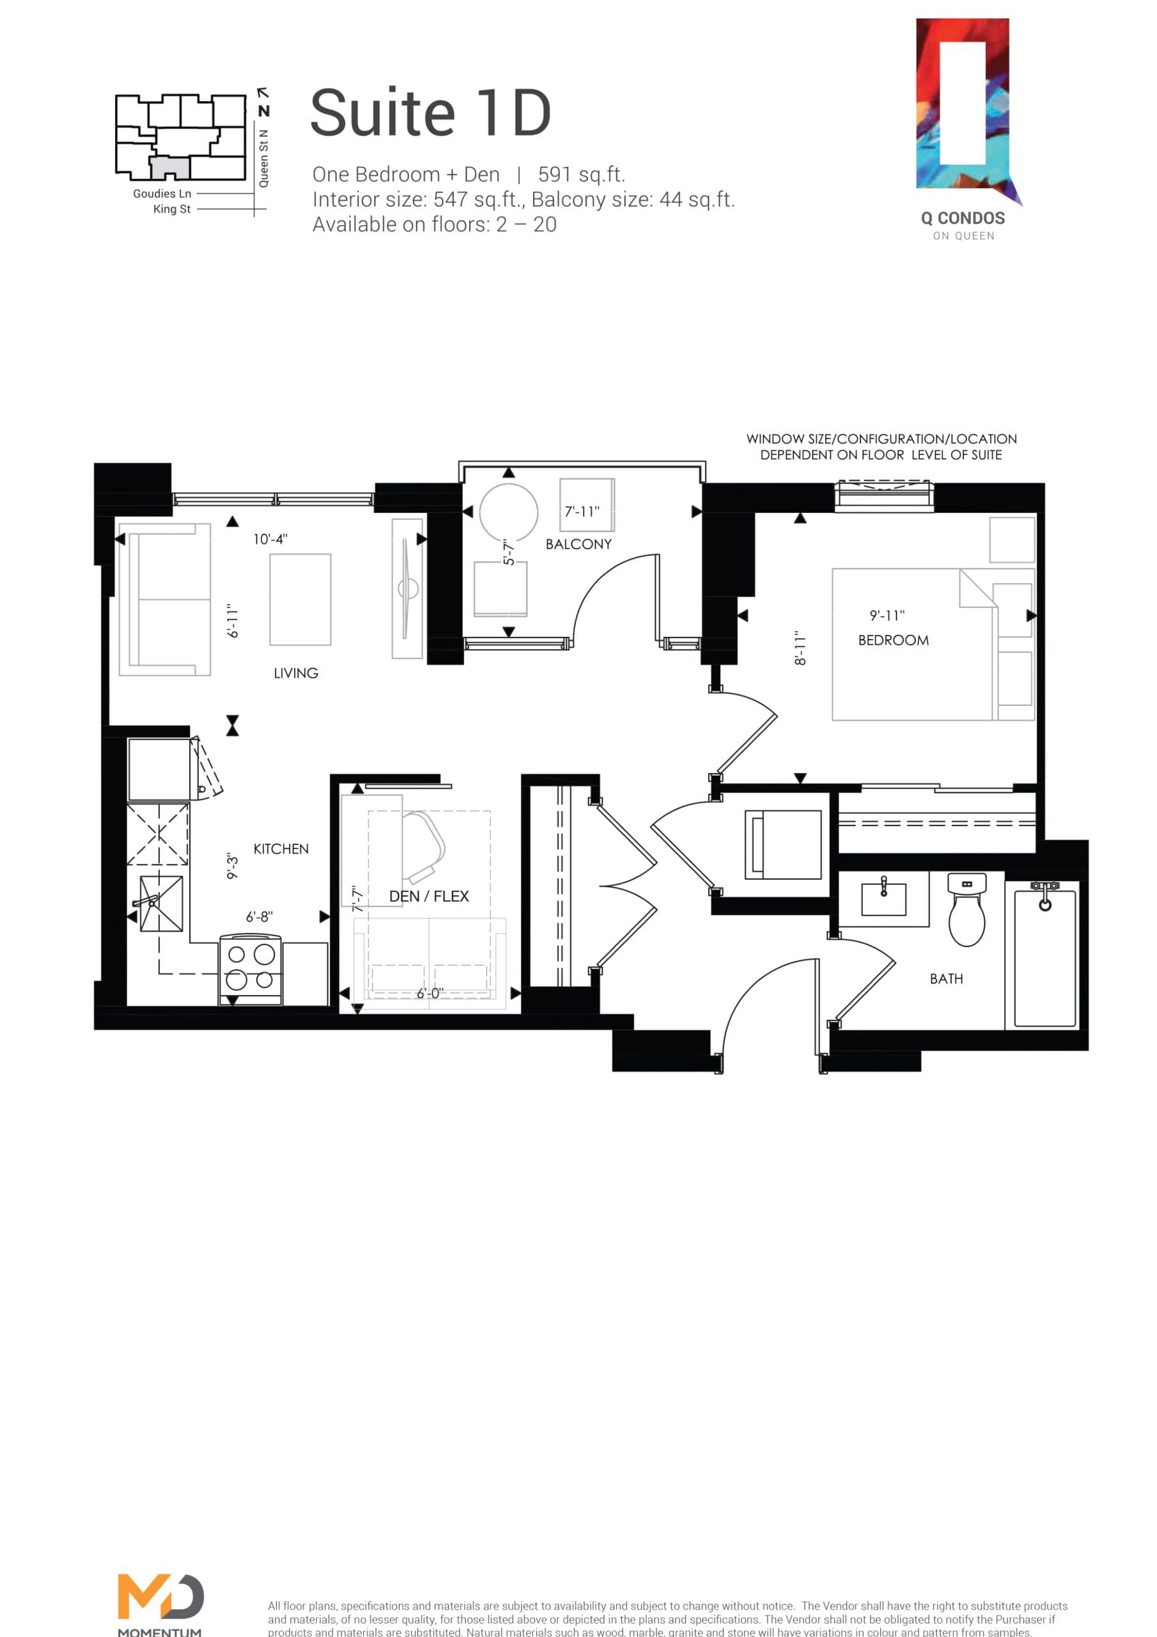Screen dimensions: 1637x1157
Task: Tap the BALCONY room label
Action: click(x=578, y=544)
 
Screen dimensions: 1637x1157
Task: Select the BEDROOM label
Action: click(x=893, y=640)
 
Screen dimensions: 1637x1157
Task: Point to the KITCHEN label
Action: click(x=281, y=849)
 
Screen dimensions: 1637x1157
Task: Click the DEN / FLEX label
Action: click(x=428, y=897)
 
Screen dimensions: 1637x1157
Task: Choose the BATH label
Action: click(x=946, y=979)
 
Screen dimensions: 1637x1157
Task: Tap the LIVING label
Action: click(x=296, y=673)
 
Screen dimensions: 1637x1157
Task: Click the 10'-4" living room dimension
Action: click(x=270, y=539)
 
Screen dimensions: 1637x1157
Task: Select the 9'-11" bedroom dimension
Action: click(x=887, y=615)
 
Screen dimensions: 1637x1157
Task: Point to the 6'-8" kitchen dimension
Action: click(x=260, y=917)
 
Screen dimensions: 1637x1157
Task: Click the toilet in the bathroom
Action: click(x=967, y=912)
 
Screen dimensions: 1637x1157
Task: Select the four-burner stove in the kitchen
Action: click(x=250, y=968)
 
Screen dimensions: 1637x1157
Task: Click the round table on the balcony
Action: click(x=508, y=513)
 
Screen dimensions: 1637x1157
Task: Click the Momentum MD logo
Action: click(x=160, y=1597)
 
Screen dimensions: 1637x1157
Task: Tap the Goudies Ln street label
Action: click(x=162, y=193)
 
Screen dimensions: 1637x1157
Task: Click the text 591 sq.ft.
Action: click(x=581, y=175)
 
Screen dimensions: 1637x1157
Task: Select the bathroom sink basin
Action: click(x=883, y=898)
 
